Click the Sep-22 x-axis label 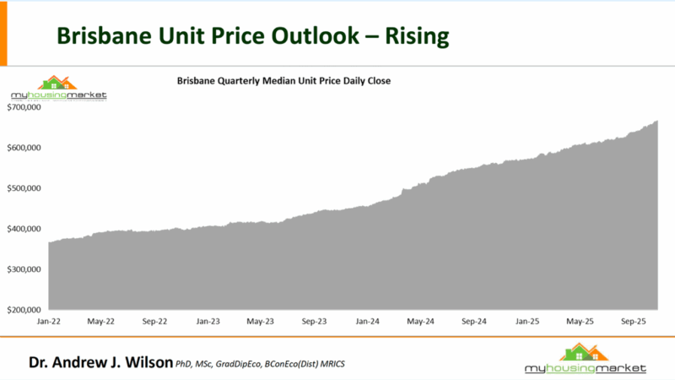click(x=154, y=322)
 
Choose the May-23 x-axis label click(x=260, y=322)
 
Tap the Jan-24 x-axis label click(x=368, y=322)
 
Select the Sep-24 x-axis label click(x=474, y=322)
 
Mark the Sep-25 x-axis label click(x=634, y=322)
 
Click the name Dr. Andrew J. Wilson click(x=100, y=362)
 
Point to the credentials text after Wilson click(x=261, y=364)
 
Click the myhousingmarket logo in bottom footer click(x=585, y=360)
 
